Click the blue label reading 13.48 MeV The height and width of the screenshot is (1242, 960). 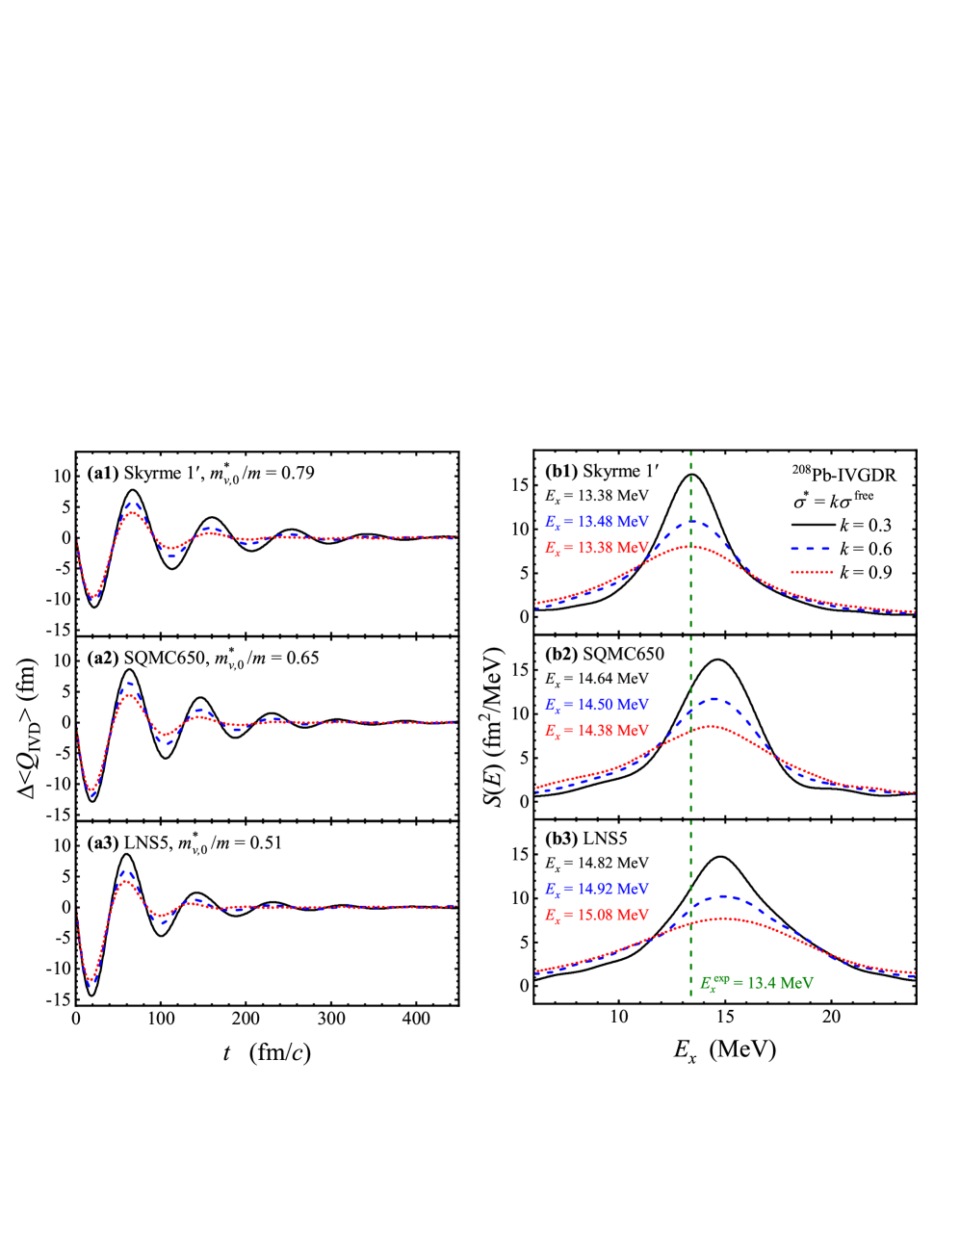pyautogui.click(x=597, y=522)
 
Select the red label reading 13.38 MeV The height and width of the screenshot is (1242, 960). pyautogui.click(x=597, y=547)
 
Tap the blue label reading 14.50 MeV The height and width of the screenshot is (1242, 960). pyautogui.click(x=597, y=705)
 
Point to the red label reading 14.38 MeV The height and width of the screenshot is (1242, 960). pyautogui.click(x=597, y=731)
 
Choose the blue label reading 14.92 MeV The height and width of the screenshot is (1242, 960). pyautogui.click(x=597, y=890)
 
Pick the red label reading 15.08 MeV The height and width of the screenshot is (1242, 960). pyautogui.click(x=597, y=915)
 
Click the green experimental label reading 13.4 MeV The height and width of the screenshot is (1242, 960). pyautogui.click(x=757, y=983)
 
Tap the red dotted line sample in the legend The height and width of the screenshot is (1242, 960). pyautogui.click(x=811, y=572)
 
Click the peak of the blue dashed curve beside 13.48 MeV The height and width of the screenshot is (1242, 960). pyautogui.click(x=693, y=523)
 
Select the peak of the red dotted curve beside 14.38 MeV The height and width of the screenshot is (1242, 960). pyautogui.click(x=711, y=725)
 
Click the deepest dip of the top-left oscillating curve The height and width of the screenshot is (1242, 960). pyautogui.click(x=92, y=598)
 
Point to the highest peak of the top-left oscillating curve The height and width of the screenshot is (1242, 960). pyautogui.click(x=133, y=505)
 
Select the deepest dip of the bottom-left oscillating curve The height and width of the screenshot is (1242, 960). pyautogui.click(x=91, y=982)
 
